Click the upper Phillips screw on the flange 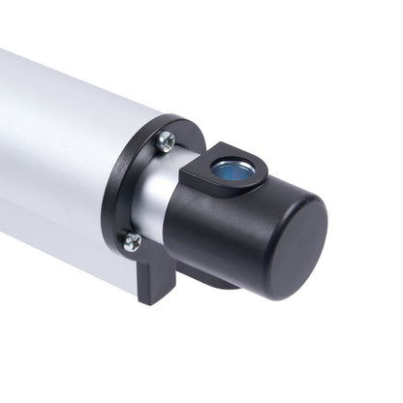tap(167, 140)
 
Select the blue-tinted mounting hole tap(230, 171)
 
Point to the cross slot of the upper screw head tap(167, 140)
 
